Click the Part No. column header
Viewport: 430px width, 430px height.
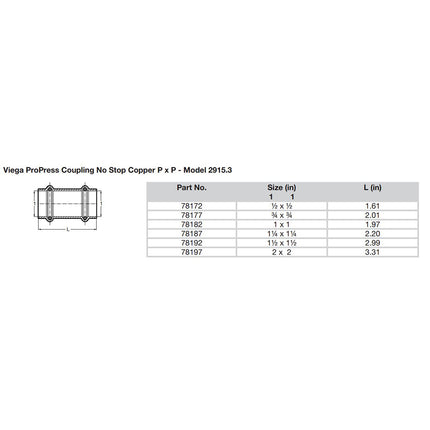pyautogui.click(x=192, y=159)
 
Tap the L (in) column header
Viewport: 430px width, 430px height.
pyautogui.click(x=368, y=159)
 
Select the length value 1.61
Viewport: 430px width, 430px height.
pyautogui.click(x=368, y=177)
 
